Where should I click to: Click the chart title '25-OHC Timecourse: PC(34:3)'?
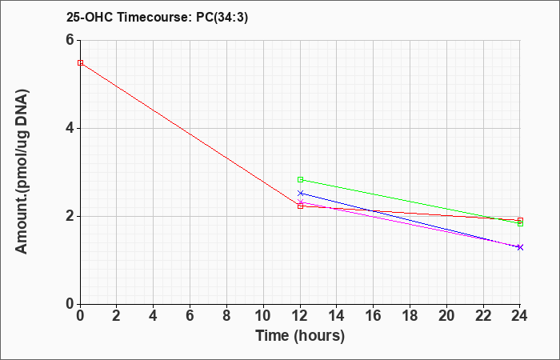(x=157, y=18)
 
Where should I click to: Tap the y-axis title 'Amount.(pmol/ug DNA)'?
(x=22, y=171)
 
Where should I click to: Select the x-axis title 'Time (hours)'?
(x=300, y=336)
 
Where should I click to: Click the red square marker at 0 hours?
(x=80, y=63)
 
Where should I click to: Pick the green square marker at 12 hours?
(x=300, y=180)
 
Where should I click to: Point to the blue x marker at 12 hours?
(x=300, y=194)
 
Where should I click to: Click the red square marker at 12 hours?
(x=300, y=206)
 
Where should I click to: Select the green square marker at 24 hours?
(x=520, y=223)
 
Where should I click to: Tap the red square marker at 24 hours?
(x=520, y=220)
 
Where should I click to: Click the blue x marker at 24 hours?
(x=520, y=247)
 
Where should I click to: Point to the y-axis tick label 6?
(x=70, y=40)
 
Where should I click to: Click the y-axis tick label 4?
(x=70, y=128)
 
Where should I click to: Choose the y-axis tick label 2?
(x=70, y=216)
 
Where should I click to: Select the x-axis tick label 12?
(x=300, y=316)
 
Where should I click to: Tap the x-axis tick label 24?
(x=519, y=316)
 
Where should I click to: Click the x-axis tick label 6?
(x=190, y=316)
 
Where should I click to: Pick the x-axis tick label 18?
(x=410, y=316)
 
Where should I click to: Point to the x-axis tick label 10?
(x=263, y=316)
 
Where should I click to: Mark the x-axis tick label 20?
(x=446, y=316)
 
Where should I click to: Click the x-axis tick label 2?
(x=117, y=316)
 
